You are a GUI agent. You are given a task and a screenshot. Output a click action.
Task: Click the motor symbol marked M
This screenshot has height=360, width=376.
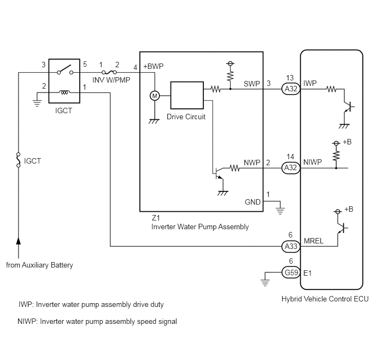pos(155,96)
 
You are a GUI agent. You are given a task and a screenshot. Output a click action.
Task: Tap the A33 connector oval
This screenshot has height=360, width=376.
pos(291,246)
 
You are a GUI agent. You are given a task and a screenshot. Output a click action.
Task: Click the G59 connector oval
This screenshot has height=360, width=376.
pos(291,272)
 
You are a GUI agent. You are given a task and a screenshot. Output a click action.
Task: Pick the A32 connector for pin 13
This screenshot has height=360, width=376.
pos(291,89)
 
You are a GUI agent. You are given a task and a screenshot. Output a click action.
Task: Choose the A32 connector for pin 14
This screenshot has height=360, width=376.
pos(291,167)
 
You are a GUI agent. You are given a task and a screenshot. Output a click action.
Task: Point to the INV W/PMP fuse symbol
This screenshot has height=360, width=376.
pos(109,72)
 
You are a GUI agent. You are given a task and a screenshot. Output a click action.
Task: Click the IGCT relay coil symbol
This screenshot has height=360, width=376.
pos(64,92)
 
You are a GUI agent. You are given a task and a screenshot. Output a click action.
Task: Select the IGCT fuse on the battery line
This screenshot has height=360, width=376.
pos(18,160)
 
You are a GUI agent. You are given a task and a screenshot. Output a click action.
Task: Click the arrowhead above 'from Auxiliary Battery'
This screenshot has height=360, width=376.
pos(19,241)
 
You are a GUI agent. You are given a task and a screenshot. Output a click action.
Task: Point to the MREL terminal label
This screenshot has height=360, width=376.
pos(313,241)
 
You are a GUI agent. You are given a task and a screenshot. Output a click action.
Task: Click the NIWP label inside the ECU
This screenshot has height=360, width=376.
pos(313,162)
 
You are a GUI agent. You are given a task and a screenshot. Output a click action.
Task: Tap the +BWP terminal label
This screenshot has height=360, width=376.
pos(153,66)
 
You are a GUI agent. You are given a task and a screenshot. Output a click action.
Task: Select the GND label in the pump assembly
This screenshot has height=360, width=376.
pos(252,202)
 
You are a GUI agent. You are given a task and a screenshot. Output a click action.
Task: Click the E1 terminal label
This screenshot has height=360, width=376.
pos(308,273)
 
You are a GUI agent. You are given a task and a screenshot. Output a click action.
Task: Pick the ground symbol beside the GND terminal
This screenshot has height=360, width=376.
pos(280,211)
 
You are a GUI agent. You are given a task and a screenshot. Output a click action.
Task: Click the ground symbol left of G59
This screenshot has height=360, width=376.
pos(265,283)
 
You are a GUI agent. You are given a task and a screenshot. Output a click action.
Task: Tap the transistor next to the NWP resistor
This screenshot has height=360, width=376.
pos(219,173)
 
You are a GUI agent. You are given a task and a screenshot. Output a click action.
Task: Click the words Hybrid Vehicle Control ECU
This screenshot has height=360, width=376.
pos(325,299)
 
